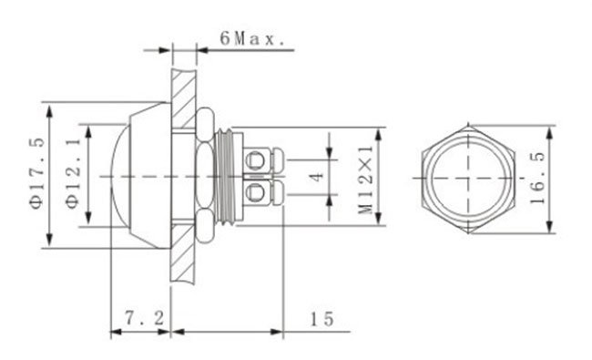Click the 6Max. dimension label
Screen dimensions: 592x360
pyautogui.click(x=252, y=38)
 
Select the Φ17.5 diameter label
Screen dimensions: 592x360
pyautogui.click(x=37, y=173)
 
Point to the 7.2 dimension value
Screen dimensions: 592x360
pyautogui.click(x=145, y=318)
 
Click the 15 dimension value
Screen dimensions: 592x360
pyautogui.click(x=322, y=319)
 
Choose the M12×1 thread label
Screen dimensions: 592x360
pyautogui.click(x=366, y=180)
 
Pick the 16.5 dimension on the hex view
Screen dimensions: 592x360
pyautogui.click(x=537, y=178)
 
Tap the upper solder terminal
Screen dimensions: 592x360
pyautogui.click(x=263, y=159)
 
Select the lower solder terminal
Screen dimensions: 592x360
pyautogui.click(x=263, y=192)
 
